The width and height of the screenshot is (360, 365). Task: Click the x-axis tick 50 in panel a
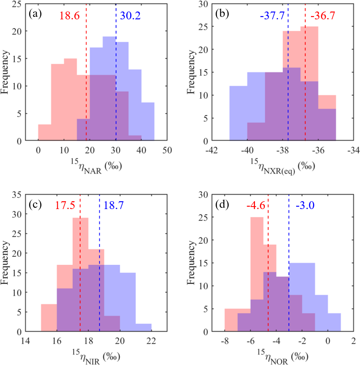tap(167, 150)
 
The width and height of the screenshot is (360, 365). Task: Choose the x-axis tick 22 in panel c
tap(151, 341)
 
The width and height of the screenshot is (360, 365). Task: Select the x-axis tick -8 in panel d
tap(224, 341)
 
